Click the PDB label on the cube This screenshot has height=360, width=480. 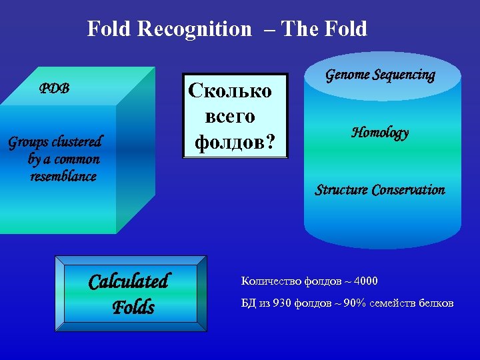click(55, 89)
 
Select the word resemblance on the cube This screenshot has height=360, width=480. click(63, 177)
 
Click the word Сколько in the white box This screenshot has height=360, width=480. click(230, 90)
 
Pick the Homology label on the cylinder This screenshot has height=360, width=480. click(380, 132)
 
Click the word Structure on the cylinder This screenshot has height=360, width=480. click(341, 190)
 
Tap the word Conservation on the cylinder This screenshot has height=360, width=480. click(409, 190)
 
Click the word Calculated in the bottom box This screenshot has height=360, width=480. click(129, 281)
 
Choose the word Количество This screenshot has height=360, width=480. click(266, 281)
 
